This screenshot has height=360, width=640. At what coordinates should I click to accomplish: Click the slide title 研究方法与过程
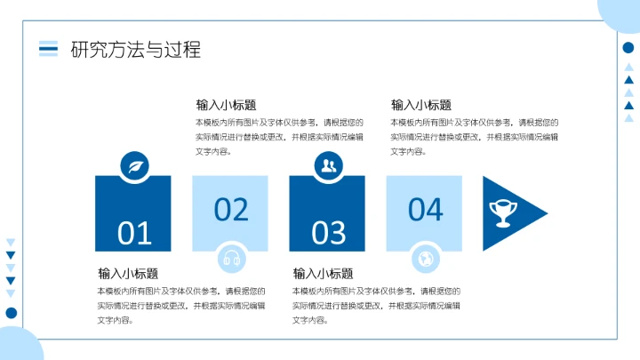[135, 49]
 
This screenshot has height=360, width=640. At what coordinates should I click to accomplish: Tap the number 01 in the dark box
[135, 233]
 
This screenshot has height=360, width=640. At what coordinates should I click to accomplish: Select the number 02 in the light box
[231, 209]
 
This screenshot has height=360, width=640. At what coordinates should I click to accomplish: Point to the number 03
[329, 233]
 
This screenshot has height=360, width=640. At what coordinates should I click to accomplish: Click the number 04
[425, 209]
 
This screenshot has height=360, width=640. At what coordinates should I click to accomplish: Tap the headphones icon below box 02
[231, 259]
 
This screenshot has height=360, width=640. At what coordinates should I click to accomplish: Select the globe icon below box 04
[425, 259]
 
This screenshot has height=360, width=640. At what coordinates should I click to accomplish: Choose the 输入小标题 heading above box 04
[421, 105]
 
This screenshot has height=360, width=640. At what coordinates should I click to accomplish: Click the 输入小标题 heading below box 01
[128, 274]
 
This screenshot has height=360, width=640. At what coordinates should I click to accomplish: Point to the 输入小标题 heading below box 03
[323, 274]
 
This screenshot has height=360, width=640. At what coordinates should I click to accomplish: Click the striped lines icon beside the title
[49, 49]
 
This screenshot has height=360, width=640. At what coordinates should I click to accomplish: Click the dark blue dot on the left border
[11, 312]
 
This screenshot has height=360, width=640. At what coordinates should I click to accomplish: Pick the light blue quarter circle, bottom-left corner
[16, 347]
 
